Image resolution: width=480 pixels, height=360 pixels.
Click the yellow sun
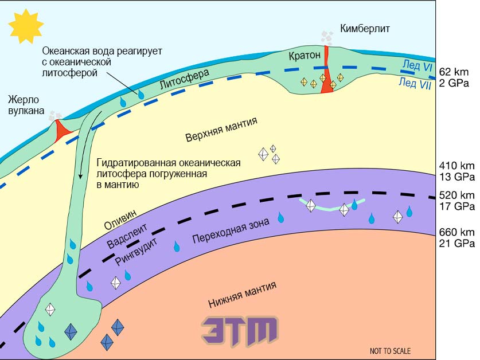point(26,26)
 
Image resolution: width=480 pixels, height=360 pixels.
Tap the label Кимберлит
point(365,29)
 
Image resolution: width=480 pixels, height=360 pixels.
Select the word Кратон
point(305,56)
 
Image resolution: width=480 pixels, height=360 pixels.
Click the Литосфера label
point(185,79)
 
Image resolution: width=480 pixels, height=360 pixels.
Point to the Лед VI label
point(417,65)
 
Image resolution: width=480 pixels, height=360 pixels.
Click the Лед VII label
point(415,83)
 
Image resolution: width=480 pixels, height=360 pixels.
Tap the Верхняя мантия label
point(221,129)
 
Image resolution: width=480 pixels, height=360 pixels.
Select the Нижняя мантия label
point(243,295)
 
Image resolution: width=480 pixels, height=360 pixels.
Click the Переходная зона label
point(231,230)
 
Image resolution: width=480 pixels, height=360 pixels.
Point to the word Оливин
point(120,220)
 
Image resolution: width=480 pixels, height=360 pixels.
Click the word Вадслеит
point(127,235)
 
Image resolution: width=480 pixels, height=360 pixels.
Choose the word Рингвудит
point(136,252)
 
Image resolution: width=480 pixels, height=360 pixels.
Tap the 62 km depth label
point(454,72)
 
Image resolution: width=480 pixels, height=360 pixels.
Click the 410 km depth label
point(456,166)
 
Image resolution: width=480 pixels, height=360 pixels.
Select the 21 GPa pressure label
point(456,244)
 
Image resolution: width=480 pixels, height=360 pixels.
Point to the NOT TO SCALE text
point(391,351)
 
